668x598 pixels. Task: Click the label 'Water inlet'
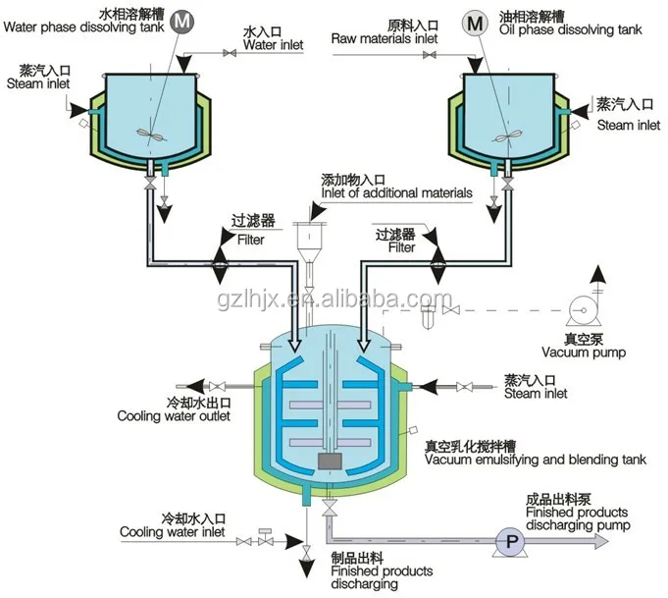coord(274,45)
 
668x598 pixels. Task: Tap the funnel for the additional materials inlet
coord(309,240)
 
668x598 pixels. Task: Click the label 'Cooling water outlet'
coord(174,416)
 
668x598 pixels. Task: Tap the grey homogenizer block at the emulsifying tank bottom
coord(332,462)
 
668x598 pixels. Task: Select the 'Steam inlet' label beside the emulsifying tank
coord(536,395)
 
